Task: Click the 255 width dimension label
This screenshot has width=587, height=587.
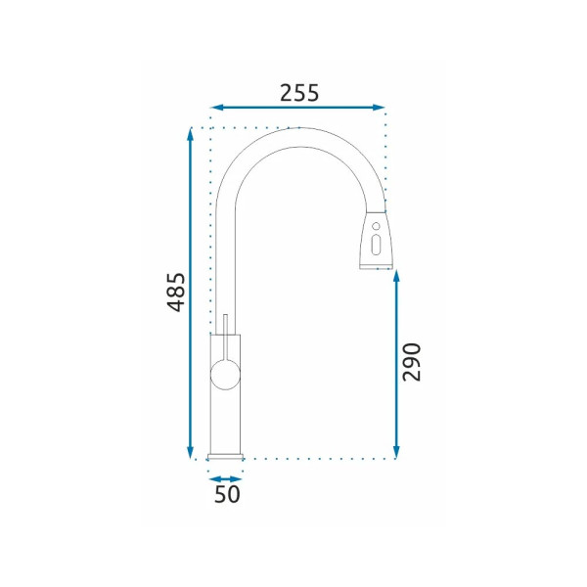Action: point(299,93)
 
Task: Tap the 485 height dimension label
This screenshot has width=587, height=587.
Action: point(176,293)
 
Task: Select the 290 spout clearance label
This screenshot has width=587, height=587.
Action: point(412,362)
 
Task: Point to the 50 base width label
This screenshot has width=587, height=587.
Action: point(226,495)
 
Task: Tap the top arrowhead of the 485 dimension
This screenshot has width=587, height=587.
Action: point(191,134)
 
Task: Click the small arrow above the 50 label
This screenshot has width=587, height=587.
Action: point(226,477)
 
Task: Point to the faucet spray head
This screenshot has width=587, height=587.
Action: point(376,240)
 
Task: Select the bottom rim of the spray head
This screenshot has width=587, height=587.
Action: point(376,266)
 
